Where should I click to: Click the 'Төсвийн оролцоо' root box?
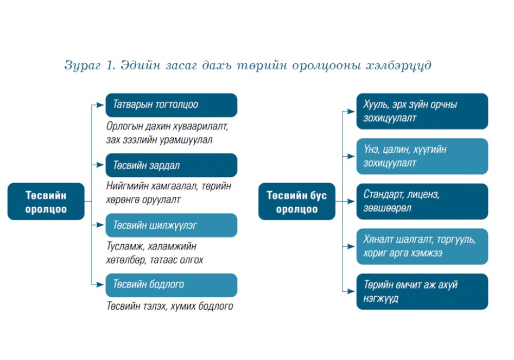point(46,202)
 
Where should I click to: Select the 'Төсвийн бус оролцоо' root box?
point(297,202)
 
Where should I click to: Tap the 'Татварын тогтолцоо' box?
point(171,105)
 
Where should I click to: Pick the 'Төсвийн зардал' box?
point(171,165)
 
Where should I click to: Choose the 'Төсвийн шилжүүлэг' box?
point(171,225)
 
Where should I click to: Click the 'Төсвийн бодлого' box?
point(171,285)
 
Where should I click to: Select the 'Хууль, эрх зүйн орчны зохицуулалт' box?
point(422,111)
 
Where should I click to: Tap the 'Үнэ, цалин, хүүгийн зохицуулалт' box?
point(422,156)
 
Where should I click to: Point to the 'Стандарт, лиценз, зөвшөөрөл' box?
point(422,202)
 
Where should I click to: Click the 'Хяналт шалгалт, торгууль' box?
point(422,246)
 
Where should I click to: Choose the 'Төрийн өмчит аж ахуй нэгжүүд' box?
point(422,292)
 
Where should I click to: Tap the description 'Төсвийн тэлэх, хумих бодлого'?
point(170,306)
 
